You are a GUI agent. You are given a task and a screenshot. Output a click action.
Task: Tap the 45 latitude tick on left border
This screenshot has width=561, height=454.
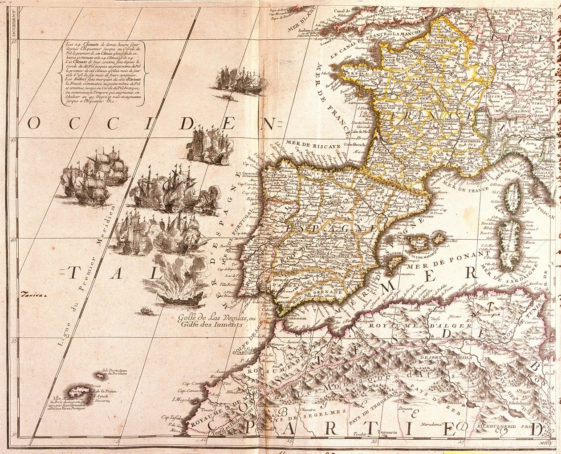(x=14, y=141)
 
